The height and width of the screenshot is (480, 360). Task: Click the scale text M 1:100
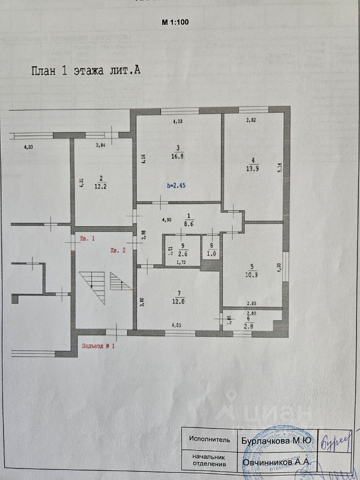coord(174,22)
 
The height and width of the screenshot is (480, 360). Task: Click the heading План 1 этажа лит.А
coord(85,70)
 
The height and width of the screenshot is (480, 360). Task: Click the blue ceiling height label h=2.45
coord(176,185)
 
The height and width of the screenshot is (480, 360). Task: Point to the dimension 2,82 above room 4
coord(251,120)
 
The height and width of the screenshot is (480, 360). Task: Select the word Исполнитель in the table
coord(209,440)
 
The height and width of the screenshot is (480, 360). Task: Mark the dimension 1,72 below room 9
coord(182,262)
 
